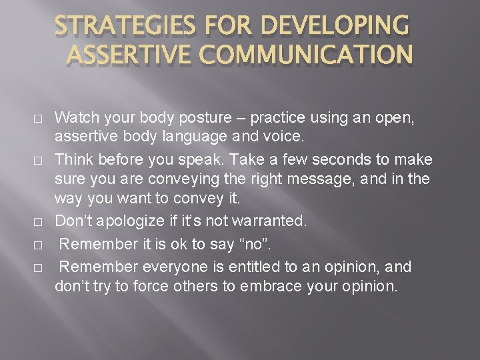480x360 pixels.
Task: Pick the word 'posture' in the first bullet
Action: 181,118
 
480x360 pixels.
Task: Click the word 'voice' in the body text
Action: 285,139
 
